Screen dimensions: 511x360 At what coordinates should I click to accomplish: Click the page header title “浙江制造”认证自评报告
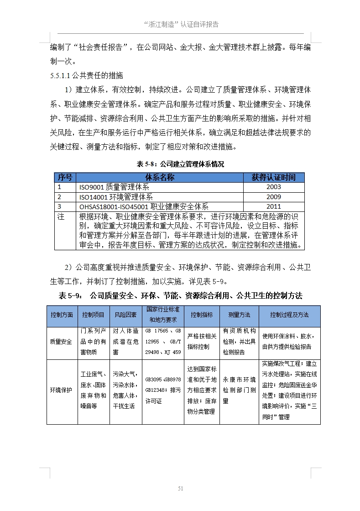click(180, 24)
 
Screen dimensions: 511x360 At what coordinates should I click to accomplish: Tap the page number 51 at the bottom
click(180, 489)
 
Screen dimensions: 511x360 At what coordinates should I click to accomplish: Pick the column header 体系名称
click(160, 177)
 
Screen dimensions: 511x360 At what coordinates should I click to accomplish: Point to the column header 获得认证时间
click(273, 177)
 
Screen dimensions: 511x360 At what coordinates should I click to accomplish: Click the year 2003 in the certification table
click(273, 187)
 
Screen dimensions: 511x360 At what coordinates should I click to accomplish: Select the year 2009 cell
click(273, 197)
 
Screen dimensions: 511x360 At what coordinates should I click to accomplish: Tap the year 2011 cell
click(273, 207)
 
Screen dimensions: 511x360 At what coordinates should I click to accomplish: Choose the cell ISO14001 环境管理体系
click(116, 197)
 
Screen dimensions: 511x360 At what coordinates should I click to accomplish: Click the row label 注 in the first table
click(61, 217)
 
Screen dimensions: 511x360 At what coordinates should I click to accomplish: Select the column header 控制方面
click(62, 315)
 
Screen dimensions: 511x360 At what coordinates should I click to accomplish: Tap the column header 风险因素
click(125, 315)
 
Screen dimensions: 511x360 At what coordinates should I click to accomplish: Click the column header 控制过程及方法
click(289, 315)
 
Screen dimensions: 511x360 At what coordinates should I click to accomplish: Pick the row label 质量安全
click(62, 342)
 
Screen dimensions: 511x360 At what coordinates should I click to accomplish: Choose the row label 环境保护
click(62, 390)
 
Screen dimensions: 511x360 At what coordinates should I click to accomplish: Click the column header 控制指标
click(202, 315)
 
